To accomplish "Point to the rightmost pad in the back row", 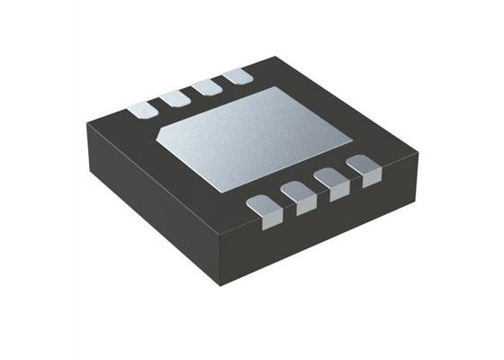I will point(238,78).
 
